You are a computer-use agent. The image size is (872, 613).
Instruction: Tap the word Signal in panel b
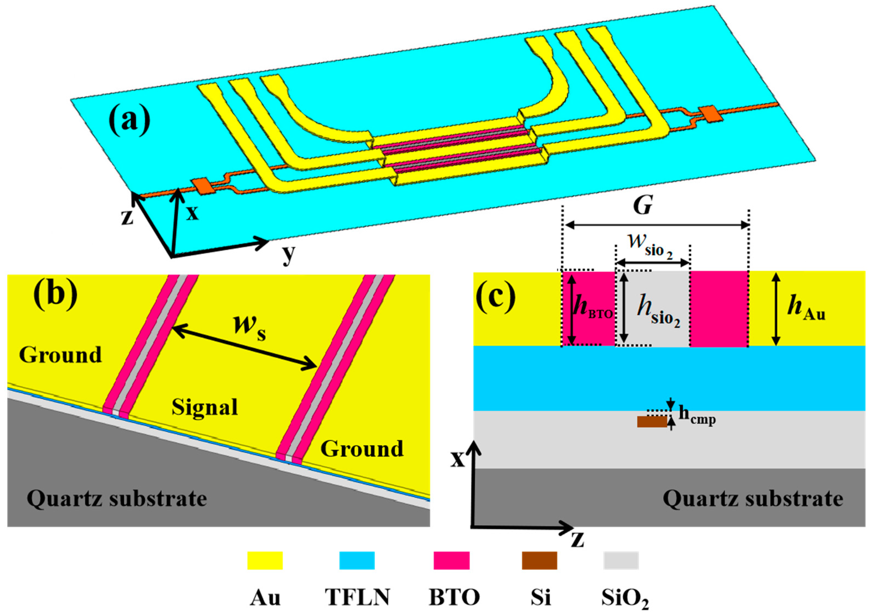[205, 407]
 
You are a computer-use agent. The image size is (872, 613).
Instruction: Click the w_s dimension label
[249, 326]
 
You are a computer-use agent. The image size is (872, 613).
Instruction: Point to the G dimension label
[643, 206]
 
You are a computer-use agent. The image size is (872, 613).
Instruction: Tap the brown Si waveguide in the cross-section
[652, 422]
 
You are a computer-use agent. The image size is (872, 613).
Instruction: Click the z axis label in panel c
[577, 539]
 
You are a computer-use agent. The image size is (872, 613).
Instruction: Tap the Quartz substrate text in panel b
[117, 498]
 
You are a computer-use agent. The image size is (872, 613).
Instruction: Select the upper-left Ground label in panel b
[60, 355]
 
